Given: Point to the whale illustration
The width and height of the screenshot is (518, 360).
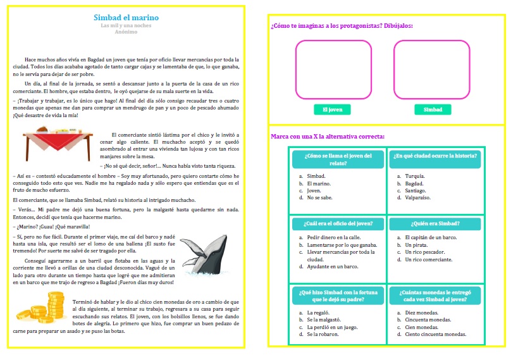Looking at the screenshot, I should (203, 257).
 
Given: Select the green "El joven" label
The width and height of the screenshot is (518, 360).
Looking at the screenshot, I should (332, 109).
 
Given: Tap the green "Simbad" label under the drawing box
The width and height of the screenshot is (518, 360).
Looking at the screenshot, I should (433, 109).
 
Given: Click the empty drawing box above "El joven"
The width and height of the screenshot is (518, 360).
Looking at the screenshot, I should (333, 70).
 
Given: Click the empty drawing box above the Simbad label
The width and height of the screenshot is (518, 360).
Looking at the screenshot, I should (431, 70).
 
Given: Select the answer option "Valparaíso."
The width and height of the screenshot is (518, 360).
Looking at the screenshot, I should (419, 197).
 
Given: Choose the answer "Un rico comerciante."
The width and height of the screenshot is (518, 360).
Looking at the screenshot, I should (428, 259).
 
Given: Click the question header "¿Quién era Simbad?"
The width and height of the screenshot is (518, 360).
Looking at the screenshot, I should (435, 223).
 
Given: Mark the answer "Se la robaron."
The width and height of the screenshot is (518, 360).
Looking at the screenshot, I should (323, 334).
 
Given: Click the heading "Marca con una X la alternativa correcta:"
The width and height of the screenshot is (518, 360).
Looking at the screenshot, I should (327, 136).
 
